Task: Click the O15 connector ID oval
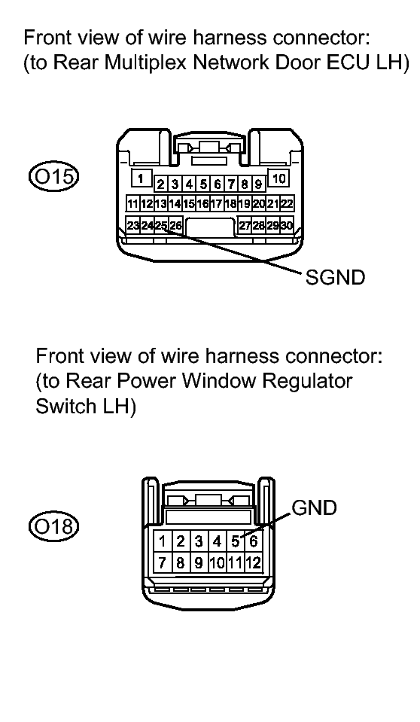(x=54, y=176)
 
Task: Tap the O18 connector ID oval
(x=54, y=526)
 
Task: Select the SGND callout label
(x=335, y=277)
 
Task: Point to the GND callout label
(x=315, y=507)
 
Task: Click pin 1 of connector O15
(x=141, y=178)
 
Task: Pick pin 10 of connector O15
(x=278, y=178)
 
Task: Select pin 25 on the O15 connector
(x=161, y=225)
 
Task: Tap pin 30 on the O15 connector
(x=287, y=225)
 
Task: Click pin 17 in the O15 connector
(x=217, y=203)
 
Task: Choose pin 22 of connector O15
(x=287, y=203)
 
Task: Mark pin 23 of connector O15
(x=133, y=225)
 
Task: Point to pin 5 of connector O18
(x=235, y=541)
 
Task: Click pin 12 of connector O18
(x=254, y=562)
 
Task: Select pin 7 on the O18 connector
(x=162, y=562)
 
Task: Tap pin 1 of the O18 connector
(x=162, y=541)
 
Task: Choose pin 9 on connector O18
(x=199, y=562)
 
